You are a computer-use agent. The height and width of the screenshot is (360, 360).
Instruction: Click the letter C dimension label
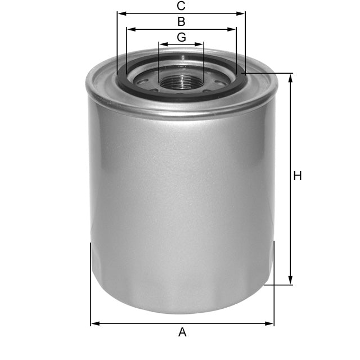[x=181, y=6]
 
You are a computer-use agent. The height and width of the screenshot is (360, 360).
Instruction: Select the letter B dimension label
[x=181, y=22]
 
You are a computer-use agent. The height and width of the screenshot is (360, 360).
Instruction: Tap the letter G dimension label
[x=181, y=37]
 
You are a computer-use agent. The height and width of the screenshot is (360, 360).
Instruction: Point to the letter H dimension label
[x=298, y=176]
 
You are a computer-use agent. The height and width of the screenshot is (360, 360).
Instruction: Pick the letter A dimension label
[x=182, y=332]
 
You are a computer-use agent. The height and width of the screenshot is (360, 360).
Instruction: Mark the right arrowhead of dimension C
[x=242, y=13]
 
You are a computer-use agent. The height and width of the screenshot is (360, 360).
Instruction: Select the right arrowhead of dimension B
[x=233, y=29]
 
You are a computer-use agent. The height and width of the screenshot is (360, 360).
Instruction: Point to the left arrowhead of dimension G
[x=162, y=44]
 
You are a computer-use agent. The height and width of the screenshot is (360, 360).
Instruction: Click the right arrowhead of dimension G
[x=200, y=44]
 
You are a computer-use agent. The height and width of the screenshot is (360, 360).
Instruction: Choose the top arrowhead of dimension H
[x=291, y=78]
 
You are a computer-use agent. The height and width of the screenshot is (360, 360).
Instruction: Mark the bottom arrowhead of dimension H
[x=291, y=281]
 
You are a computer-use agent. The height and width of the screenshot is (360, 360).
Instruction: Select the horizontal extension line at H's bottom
[x=278, y=285]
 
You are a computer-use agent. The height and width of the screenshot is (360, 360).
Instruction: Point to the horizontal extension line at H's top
[x=270, y=73]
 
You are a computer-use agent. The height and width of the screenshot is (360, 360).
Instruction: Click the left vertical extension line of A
[x=91, y=281]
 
